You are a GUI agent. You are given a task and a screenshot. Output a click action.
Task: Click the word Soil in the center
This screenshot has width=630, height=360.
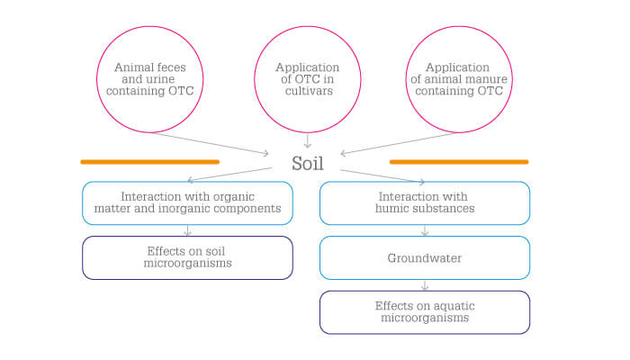click(x=308, y=163)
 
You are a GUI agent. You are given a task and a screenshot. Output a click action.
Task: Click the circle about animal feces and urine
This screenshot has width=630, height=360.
click(x=150, y=27)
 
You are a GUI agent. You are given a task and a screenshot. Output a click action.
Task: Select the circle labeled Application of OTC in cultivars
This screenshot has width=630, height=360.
click(x=308, y=27)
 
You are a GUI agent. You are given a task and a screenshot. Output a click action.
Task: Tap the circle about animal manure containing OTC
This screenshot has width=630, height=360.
click(x=459, y=27)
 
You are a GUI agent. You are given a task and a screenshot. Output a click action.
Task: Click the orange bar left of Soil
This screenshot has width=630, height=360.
click(x=150, y=162)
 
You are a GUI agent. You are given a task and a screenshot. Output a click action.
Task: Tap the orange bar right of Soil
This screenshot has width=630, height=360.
click(x=459, y=162)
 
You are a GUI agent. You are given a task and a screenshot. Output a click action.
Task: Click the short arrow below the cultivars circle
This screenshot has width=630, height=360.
click(x=308, y=140)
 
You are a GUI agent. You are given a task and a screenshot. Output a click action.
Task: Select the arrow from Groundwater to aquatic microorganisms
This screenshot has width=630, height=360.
click(x=425, y=285)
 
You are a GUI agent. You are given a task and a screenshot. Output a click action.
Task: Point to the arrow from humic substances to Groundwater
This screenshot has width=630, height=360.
click(x=425, y=230)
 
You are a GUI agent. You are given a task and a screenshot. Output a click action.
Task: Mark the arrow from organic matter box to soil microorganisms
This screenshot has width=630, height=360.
click(x=187, y=230)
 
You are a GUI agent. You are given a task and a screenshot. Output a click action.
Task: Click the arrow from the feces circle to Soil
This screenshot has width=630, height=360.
click(x=210, y=143)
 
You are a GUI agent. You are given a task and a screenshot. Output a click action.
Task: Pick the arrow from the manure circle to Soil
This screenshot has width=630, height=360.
click(x=400, y=143)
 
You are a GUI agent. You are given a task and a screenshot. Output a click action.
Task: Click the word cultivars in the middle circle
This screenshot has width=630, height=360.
click(x=309, y=91)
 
